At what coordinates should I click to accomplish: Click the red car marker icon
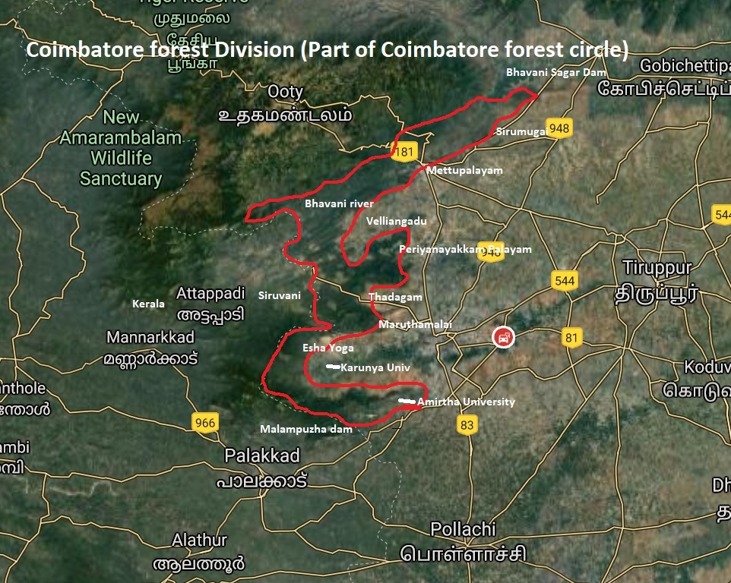[x=502, y=336]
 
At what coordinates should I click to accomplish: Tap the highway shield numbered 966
[x=205, y=424]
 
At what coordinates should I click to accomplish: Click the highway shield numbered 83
[x=467, y=425]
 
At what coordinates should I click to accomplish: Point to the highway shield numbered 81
[x=571, y=336]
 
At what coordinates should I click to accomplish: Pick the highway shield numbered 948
[x=559, y=128]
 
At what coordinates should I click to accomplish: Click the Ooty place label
[x=285, y=92]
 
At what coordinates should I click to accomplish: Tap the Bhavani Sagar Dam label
[x=556, y=73]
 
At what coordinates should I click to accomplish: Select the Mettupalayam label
[x=464, y=171]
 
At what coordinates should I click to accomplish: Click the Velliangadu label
[x=396, y=221]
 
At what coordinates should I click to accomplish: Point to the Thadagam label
[x=394, y=298]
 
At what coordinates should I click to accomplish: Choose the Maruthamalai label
[x=415, y=324]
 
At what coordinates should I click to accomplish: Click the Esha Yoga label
[x=328, y=348]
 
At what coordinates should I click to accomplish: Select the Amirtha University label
[x=466, y=402]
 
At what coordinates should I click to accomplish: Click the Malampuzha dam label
[x=306, y=429]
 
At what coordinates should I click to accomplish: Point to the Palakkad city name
[x=262, y=455]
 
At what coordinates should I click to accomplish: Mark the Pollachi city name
[x=463, y=528]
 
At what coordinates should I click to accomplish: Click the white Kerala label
[x=148, y=304]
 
